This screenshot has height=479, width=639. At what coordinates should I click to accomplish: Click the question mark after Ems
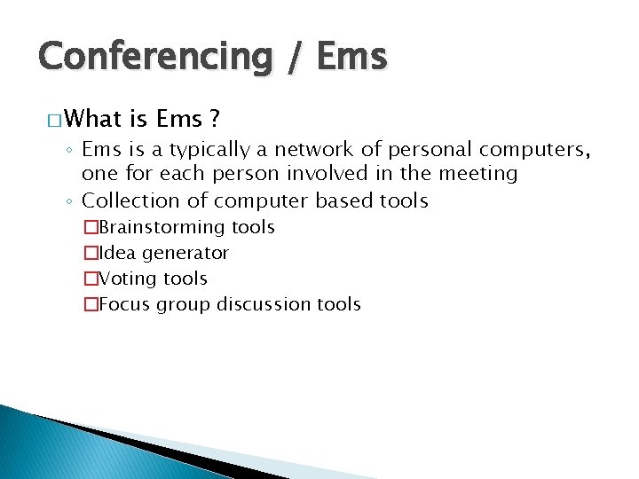[x=214, y=118]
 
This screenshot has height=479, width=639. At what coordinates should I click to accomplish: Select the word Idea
[x=118, y=254]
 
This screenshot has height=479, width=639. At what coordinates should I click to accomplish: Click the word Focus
[x=125, y=304]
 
